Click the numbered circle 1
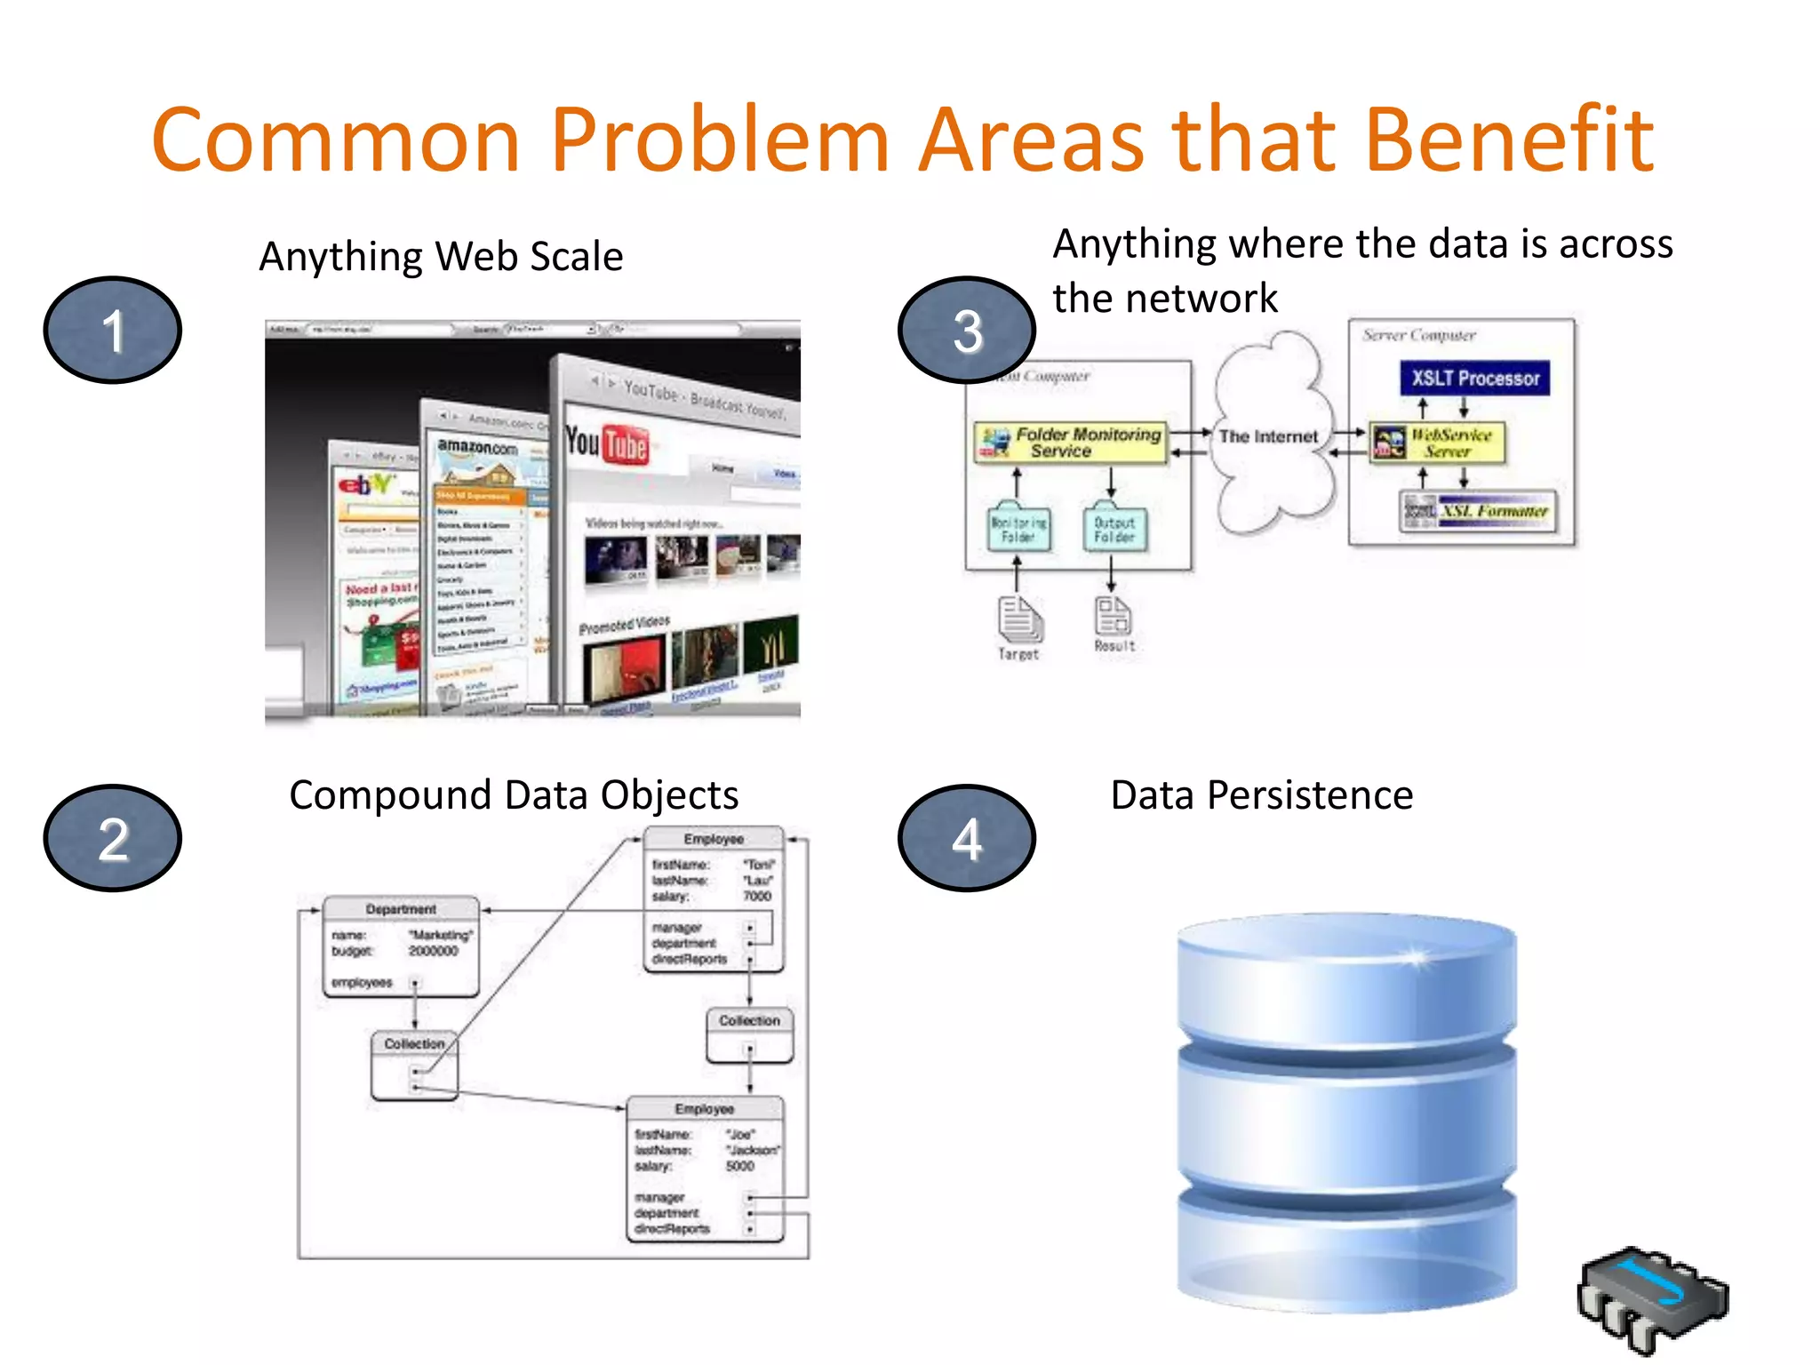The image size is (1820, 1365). pos(113,330)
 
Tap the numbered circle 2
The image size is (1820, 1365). pos(113,838)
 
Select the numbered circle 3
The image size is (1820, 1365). pos(967,330)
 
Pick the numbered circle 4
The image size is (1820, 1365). pos(967,838)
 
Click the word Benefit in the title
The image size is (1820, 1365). pos(1508,140)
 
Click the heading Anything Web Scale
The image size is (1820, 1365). pos(441,257)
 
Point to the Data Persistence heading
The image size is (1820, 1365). pos(1261,794)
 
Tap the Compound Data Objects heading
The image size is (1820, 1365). pos(514,794)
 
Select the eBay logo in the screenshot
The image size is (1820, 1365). pos(364,484)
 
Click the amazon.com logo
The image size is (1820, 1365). pos(477,447)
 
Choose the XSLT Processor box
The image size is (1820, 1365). pos(1474,378)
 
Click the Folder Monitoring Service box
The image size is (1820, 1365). pos(1071,443)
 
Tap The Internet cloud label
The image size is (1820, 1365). pos(1268,436)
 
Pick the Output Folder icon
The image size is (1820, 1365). pos(1114,530)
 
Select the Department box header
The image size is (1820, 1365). pos(401,909)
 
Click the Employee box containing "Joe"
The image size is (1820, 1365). pos(706,1168)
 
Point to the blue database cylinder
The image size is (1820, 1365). pos(1346,1111)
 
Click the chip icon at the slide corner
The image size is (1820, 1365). pos(1652,1297)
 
